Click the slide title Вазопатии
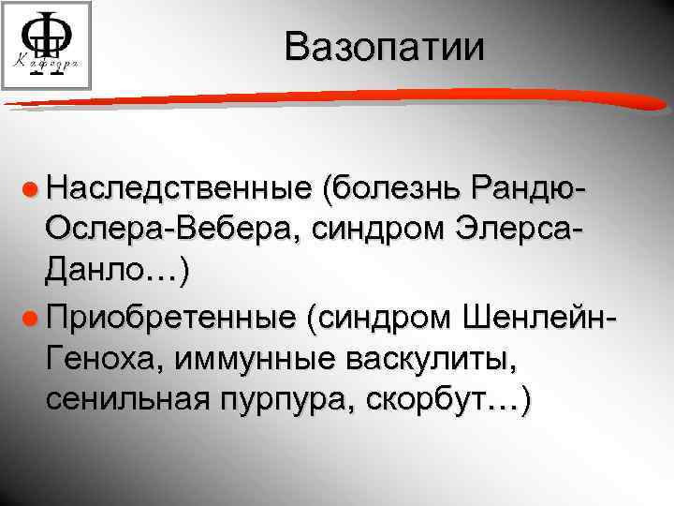(x=386, y=47)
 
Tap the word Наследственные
(x=178, y=191)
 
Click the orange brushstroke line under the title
(x=337, y=94)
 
